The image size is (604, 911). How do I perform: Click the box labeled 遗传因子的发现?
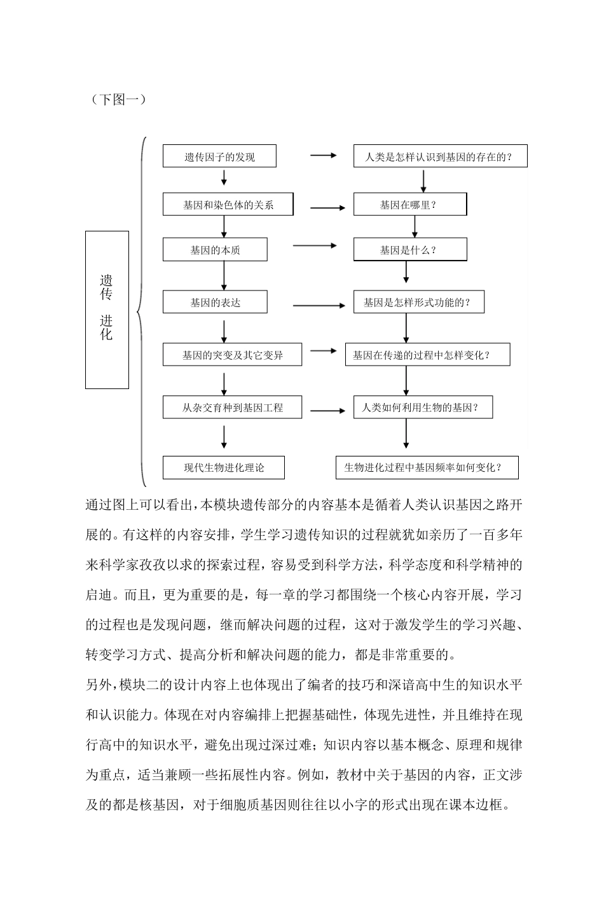pyautogui.click(x=219, y=156)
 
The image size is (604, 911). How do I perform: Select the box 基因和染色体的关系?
pyautogui.click(x=228, y=205)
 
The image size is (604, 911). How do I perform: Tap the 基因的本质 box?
pyautogui.click(x=215, y=250)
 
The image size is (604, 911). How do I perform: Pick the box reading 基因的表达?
pyautogui.click(x=215, y=302)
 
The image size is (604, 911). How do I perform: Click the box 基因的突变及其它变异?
pyautogui.click(x=232, y=355)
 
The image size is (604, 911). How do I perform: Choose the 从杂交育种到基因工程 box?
pyautogui.click(x=232, y=407)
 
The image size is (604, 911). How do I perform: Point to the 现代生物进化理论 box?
pyautogui.click(x=224, y=468)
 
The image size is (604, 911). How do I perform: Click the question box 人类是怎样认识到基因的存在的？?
pyautogui.click(x=440, y=156)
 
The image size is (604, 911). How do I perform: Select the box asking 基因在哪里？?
pyautogui.click(x=410, y=205)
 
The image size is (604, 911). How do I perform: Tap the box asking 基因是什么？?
pyautogui.click(x=410, y=250)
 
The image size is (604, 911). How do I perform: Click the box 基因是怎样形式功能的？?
pyautogui.click(x=419, y=302)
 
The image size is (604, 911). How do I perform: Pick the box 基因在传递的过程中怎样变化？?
pyautogui.click(x=427, y=355)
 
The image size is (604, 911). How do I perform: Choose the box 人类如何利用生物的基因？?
pyautogui.click(x=424, y=407)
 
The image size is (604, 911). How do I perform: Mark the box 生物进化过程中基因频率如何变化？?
pyautogui.click(x=427, y=468)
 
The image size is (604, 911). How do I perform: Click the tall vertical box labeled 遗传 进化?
pyautogui.click(x=107, y=310)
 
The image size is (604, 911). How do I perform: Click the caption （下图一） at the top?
pyautogui.click(x=118, y=99)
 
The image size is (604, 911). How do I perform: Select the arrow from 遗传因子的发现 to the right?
pyautogui.click(x=323, y=155)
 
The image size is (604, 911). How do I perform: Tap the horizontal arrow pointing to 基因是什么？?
pyautogui.click(x=315, y=246)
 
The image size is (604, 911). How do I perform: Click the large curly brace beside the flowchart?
pyautogui.click(x=142, y=312)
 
